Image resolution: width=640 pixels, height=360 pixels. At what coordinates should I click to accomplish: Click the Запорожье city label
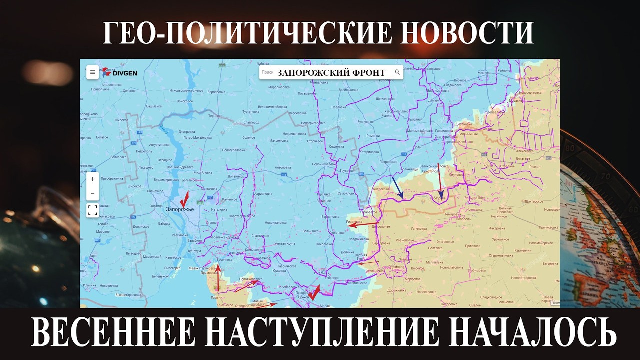point(180,209)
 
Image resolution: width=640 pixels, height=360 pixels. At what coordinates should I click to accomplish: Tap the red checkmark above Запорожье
point(184,198)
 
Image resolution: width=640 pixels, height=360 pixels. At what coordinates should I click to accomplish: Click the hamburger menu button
point(92,72)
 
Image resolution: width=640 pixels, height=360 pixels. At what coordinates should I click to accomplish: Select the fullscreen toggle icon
point(92,210)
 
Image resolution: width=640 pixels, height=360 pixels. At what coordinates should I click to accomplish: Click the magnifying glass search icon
point(397,72)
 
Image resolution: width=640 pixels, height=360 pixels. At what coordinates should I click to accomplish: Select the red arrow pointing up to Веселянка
point(218,277)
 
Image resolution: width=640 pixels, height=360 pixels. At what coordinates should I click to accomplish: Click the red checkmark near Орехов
point(314,291)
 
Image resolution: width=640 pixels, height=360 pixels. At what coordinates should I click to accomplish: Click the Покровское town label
point(388,162)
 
